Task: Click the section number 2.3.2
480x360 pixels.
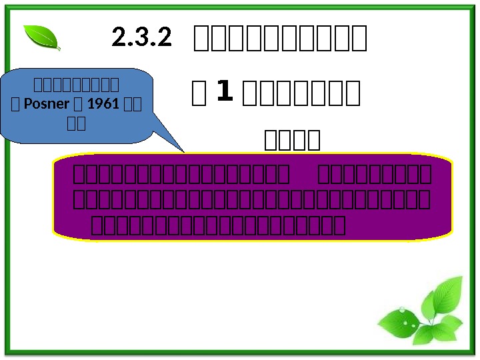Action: tap(141, 38)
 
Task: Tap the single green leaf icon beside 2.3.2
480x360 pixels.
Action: tap(41, 37)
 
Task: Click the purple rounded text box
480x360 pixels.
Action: tap(253, 199)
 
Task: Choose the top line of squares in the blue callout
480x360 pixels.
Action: tap(77, 84)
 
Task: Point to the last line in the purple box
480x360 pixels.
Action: tap(217, 226)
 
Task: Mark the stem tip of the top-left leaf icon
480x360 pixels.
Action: tap(59, 49)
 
